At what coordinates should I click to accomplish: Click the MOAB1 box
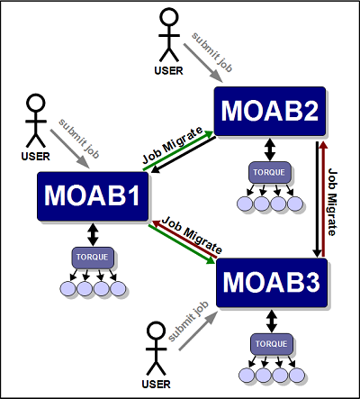click(93, 196)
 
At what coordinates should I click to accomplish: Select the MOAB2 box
click(270, 111)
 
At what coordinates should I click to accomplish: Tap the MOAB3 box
click(272, 283)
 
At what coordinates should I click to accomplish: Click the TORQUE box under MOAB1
click(93, 258)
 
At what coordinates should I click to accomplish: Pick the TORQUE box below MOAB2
click(270, 172)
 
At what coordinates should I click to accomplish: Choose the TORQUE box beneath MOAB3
click(272, 344)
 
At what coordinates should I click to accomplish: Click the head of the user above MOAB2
click(169, 17)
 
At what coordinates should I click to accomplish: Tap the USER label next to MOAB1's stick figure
click(35, 157)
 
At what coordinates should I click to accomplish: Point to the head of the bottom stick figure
click(156, 331)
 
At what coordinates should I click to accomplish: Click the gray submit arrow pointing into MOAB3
click(198, 331)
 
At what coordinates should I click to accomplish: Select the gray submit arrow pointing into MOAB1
click(70, 149)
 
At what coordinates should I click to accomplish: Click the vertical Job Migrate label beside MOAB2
click(332, 202)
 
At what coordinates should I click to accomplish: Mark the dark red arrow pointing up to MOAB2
click(323, 199)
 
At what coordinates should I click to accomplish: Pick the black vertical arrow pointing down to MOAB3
click(317, 199)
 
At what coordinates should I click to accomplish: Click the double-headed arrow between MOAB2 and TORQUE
click(270, 150)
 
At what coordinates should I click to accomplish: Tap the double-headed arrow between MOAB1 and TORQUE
click(93, 234)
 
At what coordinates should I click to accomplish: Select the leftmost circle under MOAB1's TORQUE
click(67, 289)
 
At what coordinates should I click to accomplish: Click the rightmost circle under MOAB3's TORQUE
click(297, 375)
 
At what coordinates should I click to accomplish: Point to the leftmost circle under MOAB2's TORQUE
click(245, 204)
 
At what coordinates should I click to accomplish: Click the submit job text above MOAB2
click(212, 52)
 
